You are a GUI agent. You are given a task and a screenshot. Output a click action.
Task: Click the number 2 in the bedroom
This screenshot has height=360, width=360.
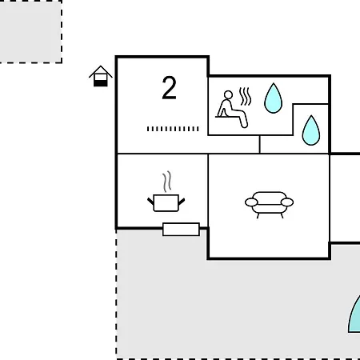169,88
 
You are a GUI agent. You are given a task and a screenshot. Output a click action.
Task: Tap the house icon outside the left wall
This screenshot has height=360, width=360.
101,76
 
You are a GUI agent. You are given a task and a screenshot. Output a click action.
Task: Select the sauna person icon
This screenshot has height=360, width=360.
232,110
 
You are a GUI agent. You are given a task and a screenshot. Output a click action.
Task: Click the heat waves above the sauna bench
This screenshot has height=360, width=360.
245,96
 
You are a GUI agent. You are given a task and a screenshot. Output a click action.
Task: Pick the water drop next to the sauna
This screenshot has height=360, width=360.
273,98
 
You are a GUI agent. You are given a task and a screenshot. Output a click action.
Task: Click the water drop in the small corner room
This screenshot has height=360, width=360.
311,130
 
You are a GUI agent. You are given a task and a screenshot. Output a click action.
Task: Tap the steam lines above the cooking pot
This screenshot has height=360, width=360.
167,182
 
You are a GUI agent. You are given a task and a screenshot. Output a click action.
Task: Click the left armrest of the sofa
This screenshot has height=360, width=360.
251,202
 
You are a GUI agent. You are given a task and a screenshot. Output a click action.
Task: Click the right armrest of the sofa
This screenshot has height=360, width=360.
287,202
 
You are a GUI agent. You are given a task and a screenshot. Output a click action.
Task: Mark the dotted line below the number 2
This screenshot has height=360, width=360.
173,129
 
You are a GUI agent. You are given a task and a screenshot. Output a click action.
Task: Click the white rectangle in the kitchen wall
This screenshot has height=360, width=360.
181,230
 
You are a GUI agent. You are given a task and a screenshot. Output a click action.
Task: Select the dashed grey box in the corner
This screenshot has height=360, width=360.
30,31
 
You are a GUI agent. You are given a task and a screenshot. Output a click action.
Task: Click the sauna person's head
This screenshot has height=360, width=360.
228,95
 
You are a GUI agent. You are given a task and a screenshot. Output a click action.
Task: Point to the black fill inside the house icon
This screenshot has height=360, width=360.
101,83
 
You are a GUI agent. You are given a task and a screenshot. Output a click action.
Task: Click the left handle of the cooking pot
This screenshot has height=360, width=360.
150,202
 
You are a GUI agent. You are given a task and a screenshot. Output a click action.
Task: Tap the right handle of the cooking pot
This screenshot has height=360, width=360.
182,202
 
